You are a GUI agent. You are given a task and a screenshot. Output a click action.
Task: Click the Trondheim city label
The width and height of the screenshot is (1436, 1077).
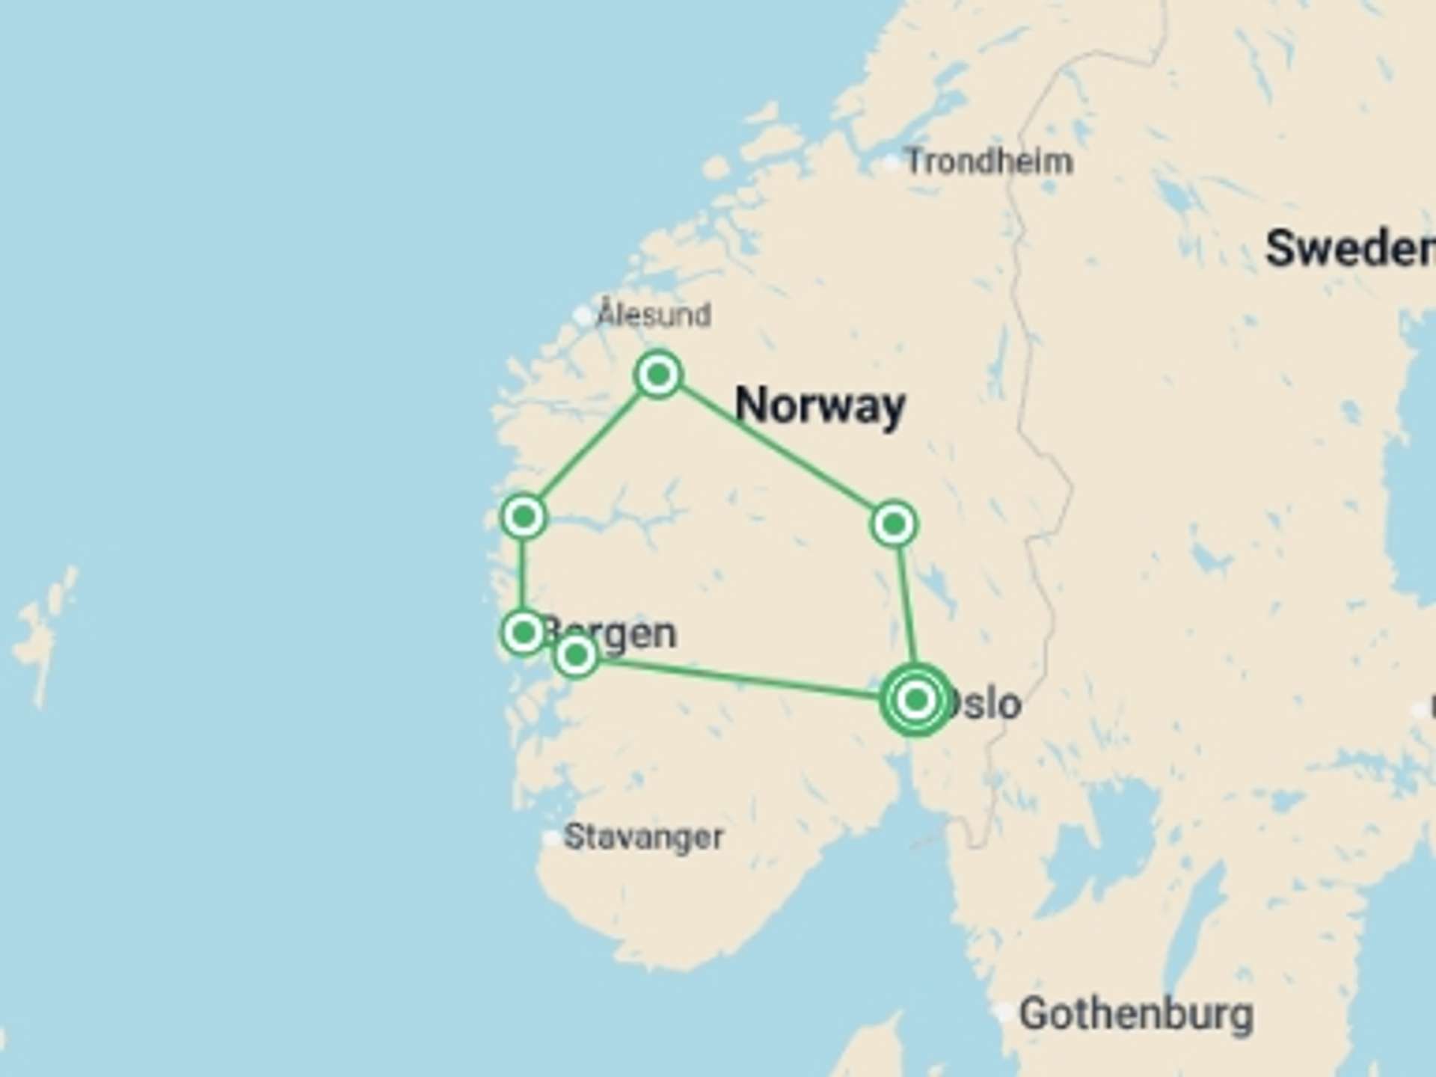tap(989, 162)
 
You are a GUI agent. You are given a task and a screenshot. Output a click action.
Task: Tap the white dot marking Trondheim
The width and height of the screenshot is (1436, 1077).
tap(891, 163)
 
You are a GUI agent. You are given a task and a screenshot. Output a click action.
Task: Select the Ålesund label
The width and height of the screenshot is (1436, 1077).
tap(654, 314)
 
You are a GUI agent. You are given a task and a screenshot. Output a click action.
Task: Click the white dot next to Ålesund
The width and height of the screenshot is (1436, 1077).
tap(583, 315)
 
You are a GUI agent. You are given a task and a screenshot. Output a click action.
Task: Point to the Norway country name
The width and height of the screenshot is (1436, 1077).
tap(820, 406)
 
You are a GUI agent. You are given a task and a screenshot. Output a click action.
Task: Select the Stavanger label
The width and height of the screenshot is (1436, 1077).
tap(643, 837)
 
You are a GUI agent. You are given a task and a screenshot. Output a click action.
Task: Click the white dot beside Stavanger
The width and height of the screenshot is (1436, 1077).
tap(551, 838)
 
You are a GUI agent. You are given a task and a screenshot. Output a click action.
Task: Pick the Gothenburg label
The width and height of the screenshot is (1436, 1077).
tap(1136, 1014)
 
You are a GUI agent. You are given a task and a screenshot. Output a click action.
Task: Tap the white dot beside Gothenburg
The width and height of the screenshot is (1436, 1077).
tap(1005, 1013)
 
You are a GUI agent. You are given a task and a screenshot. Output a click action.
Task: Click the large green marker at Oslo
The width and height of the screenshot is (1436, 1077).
tap(916, 700)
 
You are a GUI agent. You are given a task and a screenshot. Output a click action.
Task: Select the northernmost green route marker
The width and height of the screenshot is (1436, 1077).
tap(658, 374)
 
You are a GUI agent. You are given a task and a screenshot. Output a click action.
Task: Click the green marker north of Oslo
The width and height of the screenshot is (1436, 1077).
tap(894, 524)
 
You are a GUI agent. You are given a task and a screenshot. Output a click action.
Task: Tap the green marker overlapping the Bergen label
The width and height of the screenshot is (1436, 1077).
tap(576, 656)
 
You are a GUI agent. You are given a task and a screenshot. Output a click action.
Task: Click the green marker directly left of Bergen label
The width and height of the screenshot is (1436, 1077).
tap(524, 633)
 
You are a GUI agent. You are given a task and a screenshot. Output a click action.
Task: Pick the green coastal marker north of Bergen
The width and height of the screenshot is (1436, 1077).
tap(524, 516)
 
